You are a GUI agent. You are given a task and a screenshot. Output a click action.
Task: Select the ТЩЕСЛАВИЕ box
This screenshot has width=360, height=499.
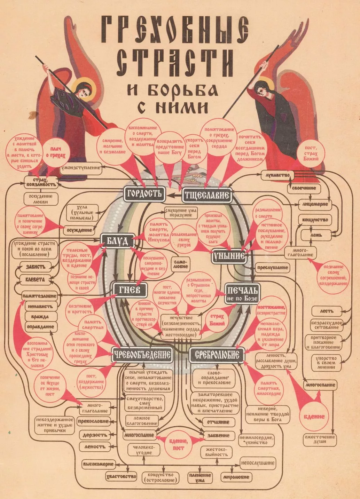tap(206, 195)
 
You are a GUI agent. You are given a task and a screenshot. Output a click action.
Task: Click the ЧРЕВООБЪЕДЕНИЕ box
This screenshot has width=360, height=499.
tap(142, 355)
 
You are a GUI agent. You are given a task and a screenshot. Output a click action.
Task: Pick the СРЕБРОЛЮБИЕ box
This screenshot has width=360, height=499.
tap(217, 355)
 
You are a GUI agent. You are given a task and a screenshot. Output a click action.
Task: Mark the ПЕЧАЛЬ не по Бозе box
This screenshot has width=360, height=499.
tap(243, 293)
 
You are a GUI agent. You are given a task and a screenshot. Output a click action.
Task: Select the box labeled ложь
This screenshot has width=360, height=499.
tap(316, 235)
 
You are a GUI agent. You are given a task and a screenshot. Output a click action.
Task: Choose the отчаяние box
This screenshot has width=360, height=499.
tap(218, 422)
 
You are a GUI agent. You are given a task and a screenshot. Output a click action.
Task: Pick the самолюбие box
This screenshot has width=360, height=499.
tap(181, 264)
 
